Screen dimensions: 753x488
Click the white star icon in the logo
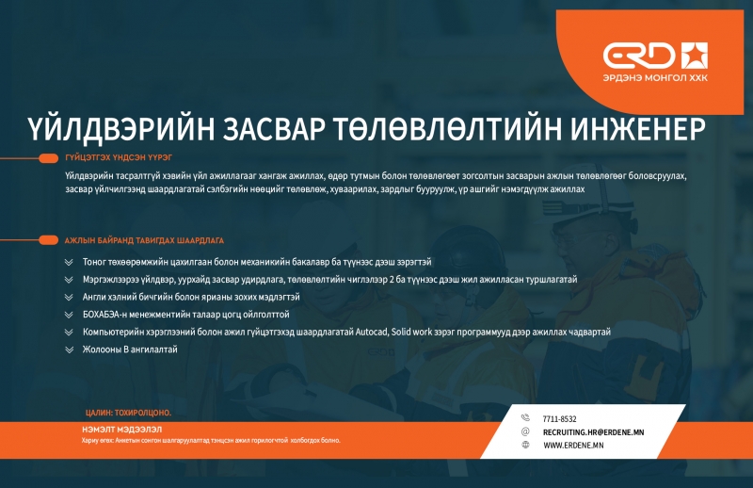pyautogui.click(x=694, y=56)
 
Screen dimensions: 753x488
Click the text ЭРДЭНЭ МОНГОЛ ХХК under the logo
pyautogui.click(x=655, y=78)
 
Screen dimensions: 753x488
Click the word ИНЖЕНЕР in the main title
pyautogui.click(x=638, y=129)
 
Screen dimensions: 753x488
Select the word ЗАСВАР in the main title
pyautogui.click(x=273, y=129)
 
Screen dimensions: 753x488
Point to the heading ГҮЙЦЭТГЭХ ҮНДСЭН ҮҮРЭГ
pyautogui.click(x=119, y=157)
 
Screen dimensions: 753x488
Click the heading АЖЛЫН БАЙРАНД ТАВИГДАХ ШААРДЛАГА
pyautogui.click(x=144, y=240)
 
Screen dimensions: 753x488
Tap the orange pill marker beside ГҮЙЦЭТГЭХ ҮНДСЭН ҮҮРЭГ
pyautogui.click(x=48, y=158)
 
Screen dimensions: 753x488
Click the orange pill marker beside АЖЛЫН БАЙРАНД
pyautogui.click(x=48, y=240)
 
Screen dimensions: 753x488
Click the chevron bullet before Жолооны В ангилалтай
pyautogui.click(x=69, y=350)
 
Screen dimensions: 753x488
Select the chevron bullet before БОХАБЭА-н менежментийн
pyautogui.click(x=69, y=315)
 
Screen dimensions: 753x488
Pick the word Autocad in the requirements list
pyautogui.click(x=371, y=332)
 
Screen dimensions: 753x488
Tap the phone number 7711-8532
pyautogui.click(x=559, y=419)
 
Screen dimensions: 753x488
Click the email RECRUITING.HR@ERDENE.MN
pyautogui.click(x=594, y=432)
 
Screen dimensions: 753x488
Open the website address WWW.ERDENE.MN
pyautogui.click(x=573, y=446)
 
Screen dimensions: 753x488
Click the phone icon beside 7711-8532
pyautogui.click(x=525, y=417)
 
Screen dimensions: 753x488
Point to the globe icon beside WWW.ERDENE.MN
pyautogui.click(x=525, y=445)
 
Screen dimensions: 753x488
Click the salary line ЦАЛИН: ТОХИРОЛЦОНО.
pyautogui.click(x=128, y=413)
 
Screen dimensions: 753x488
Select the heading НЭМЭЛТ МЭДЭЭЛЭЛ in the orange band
pyautogui.click(x=122, y=430)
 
